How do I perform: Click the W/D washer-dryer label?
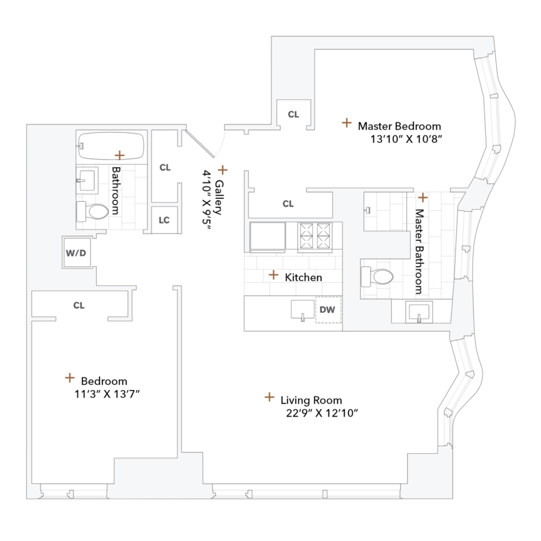click(76, 253)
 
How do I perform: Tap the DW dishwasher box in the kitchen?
click(328, 310)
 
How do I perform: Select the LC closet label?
click(164, 220)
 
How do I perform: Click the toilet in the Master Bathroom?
click(377, 277)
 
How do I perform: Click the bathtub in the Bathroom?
click(110, 145)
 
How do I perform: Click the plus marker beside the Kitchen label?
click(274, 275)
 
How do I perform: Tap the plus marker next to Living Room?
click(269, 398)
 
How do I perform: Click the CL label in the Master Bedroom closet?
click(293, 114)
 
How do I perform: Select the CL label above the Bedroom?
click(79, 306)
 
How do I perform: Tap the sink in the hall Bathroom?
click(87, 179)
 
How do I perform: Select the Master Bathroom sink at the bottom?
click(419, 312)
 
